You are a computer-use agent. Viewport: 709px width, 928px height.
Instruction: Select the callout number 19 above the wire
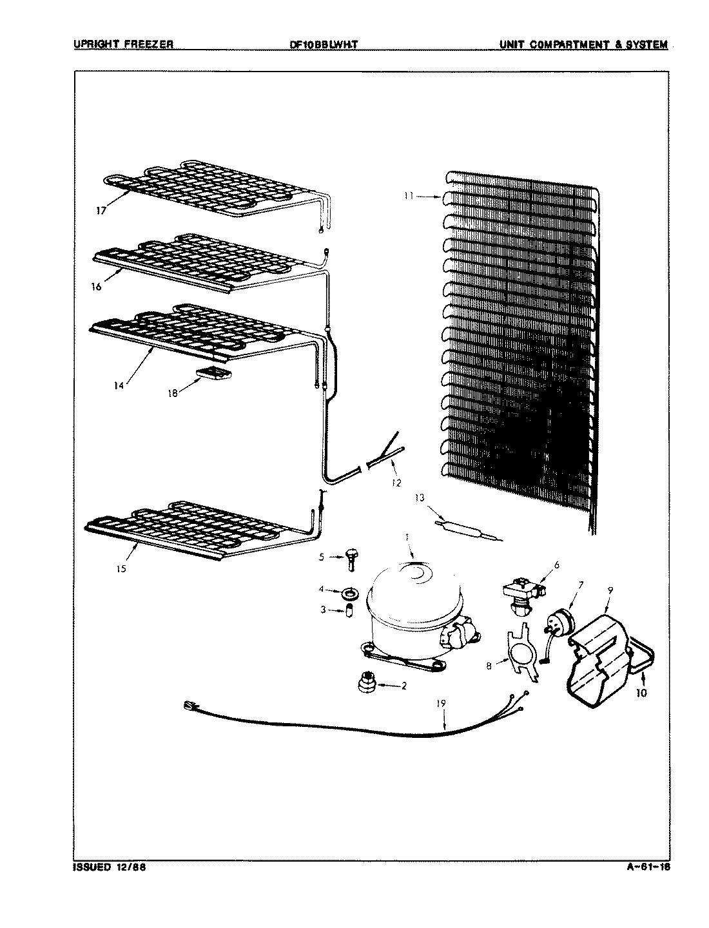[x=441, y=704]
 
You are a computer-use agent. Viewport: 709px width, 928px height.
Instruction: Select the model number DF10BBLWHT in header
[x=324, y=44]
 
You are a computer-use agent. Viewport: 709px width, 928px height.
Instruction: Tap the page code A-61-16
[x=648, y=867]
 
